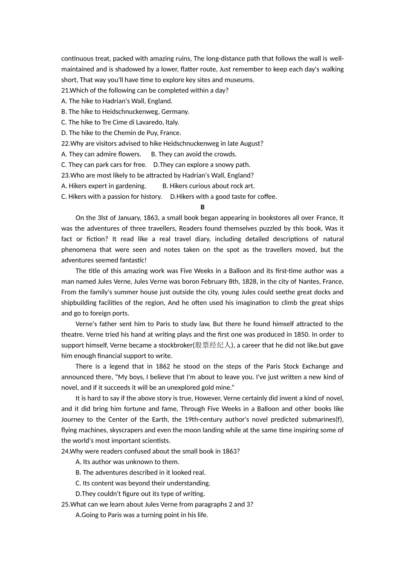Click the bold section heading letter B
coord(202,207)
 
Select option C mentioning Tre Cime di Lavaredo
coord(120,122)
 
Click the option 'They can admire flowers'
coord(101,154)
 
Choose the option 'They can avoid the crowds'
coord(194,154)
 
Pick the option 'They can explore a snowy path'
coord(202,165)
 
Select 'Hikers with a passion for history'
coord(111,197)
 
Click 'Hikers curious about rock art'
coord(208,186)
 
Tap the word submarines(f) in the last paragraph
coord(322,420)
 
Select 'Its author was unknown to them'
coord(127,462)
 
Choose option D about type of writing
coord(140,494)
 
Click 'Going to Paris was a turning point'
coord(142,515)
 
